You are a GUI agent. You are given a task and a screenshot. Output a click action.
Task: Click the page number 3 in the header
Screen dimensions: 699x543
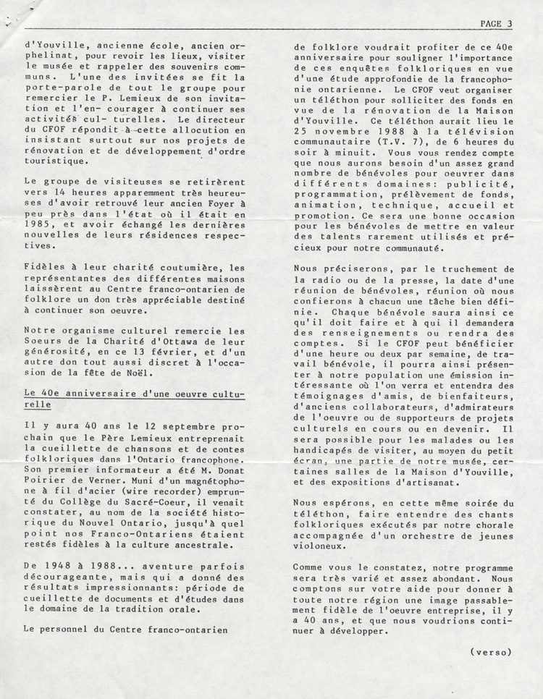(510, 23)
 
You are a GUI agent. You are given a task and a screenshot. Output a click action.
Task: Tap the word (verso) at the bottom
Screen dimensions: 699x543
(491, 651)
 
